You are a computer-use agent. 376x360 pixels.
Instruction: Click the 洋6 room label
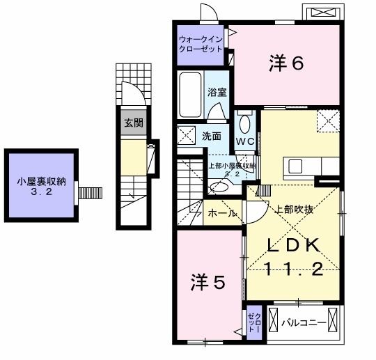(286, 63)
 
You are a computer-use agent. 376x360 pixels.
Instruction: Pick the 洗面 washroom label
(212, 136)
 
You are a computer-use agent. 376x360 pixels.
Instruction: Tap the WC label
(244, 141)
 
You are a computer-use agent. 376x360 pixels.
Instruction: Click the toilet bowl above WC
(244, 123)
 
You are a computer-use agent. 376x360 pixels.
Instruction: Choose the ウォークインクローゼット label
(201, 44)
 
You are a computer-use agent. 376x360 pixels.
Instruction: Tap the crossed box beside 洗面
(186, 134)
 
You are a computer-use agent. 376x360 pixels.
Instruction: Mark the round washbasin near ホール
(218, 187)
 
